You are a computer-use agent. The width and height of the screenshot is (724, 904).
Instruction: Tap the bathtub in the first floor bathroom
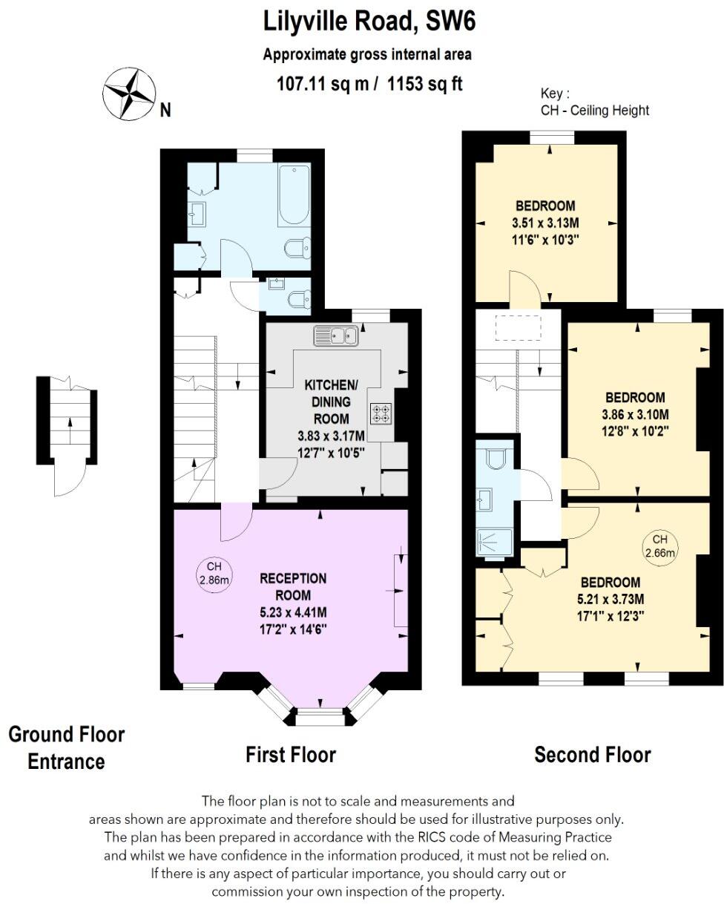(x=294, y=195)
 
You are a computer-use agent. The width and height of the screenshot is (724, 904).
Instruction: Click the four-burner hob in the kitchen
(x=381, y=413)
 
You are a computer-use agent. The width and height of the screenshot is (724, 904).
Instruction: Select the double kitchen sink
(x=336, y=335)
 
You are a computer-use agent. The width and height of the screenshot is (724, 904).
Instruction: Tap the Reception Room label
(x=292, y=586)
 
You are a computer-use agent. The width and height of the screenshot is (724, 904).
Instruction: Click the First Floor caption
(x=291, y=755)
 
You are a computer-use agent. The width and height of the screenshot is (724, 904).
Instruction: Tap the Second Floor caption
(x=592, y=755)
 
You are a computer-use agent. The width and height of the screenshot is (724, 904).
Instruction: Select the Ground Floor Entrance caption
(x=67, y=747)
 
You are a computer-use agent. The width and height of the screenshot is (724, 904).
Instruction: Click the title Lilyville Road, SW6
(x=369, y=22)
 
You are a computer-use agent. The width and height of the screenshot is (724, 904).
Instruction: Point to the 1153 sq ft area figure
(x=424, y=84)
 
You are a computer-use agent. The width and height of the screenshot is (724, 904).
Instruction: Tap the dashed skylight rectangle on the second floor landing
(x=517, y=327)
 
